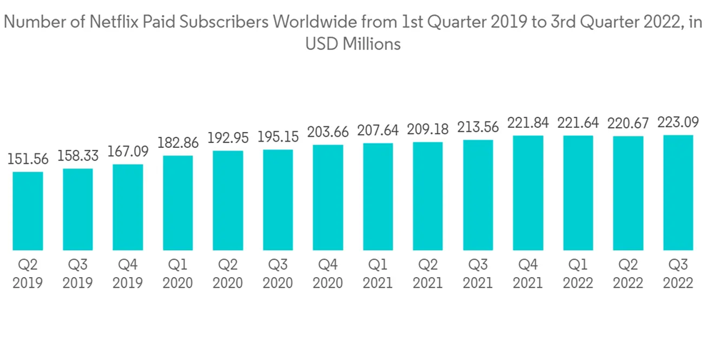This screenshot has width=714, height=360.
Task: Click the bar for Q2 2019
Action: click(x=28, y=211)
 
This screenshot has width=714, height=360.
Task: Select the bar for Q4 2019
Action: click(x=128, y=207)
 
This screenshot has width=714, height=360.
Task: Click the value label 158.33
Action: click(x=78, y=156)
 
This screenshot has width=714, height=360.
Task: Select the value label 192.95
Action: click(x=228, y=138)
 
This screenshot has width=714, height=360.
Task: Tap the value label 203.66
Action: click(x=328, y=132)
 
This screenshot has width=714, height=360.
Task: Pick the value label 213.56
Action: click(x=478, y=127)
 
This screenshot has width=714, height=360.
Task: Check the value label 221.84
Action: click(x=528, y=123)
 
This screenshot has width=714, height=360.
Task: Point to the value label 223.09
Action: click(x=678, y=122)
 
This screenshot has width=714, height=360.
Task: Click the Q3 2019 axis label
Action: click(x=78, y=274)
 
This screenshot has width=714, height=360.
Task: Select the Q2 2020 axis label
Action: click(x=228, y=274)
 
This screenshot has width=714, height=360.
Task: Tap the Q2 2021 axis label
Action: click(x=428, y=274)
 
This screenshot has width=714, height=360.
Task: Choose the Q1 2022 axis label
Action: click(x=578, y=274)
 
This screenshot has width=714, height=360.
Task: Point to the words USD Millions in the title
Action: click(x=353, y=44)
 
